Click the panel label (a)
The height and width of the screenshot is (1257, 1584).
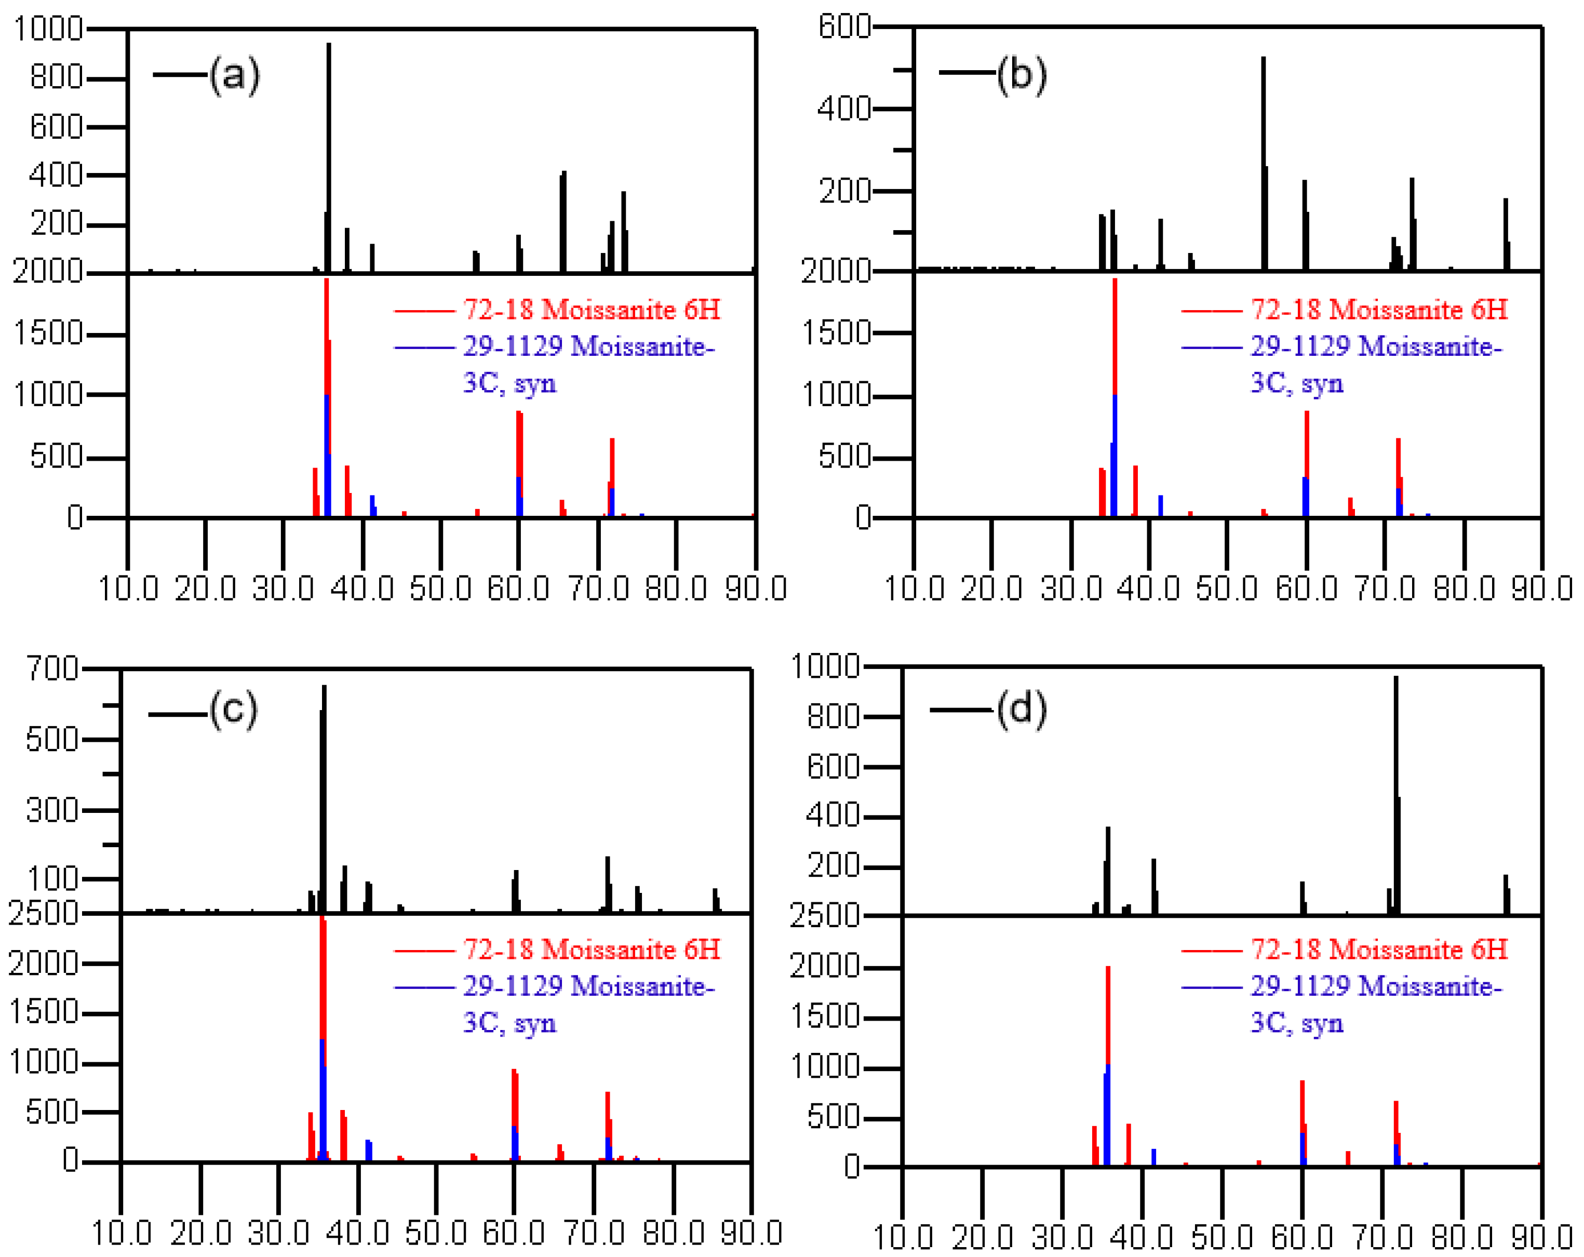click(x=234, y=75)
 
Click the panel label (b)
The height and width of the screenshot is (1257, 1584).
click(x=1021, y=75)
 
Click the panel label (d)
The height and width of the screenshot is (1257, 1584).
click(x=1021, y=710)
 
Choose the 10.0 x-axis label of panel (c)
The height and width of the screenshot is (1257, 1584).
click(x=121, y=1233)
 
